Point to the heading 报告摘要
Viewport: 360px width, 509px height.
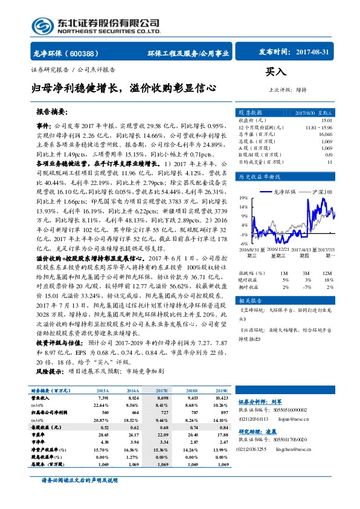tap(52, 112)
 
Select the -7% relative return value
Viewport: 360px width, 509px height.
tap(307, 287)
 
